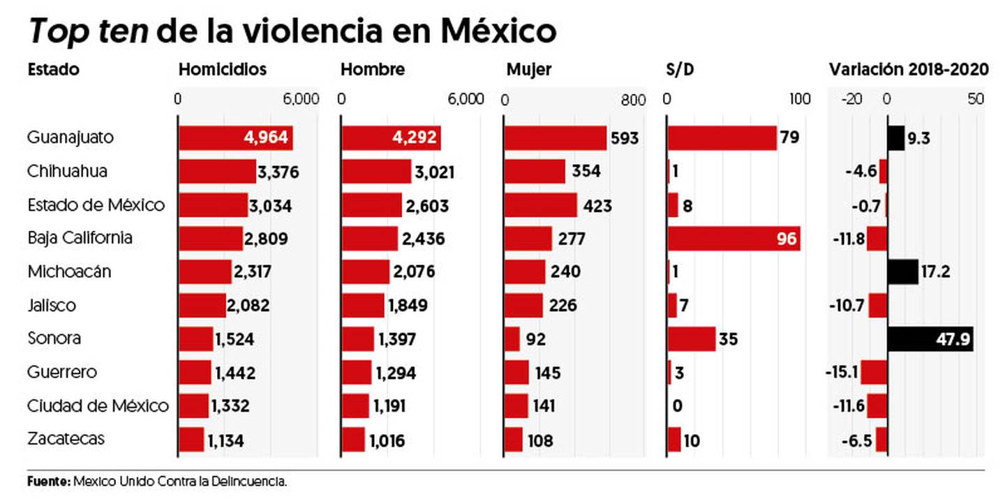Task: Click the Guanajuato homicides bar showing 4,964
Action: click(x=235, y=138)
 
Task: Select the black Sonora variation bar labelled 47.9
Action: click(x=930, y=339)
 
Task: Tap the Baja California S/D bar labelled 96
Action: click(x=733, y=239)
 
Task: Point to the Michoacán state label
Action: click(x=69, y=271)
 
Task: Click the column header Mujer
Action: click(x=528, y=70)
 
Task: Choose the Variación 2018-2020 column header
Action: click(x=908, y=70)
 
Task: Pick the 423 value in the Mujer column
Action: click(x=597, y=205)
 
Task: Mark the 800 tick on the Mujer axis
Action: click(x=632, y=100)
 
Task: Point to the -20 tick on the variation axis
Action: click(x=852, y=100)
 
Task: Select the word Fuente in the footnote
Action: click(x=48, y=481)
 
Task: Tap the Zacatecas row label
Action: click(x=66, y=439)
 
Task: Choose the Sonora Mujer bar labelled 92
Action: click(x=512, y=339)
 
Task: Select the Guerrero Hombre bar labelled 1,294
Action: click(x=357, y=373)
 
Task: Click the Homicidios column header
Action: click(x=223, y=70)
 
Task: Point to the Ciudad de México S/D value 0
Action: click(x=677, y=406)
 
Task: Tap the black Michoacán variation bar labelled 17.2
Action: click(x=903, y=272)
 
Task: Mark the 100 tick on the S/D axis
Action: click(x=800, y=100)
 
